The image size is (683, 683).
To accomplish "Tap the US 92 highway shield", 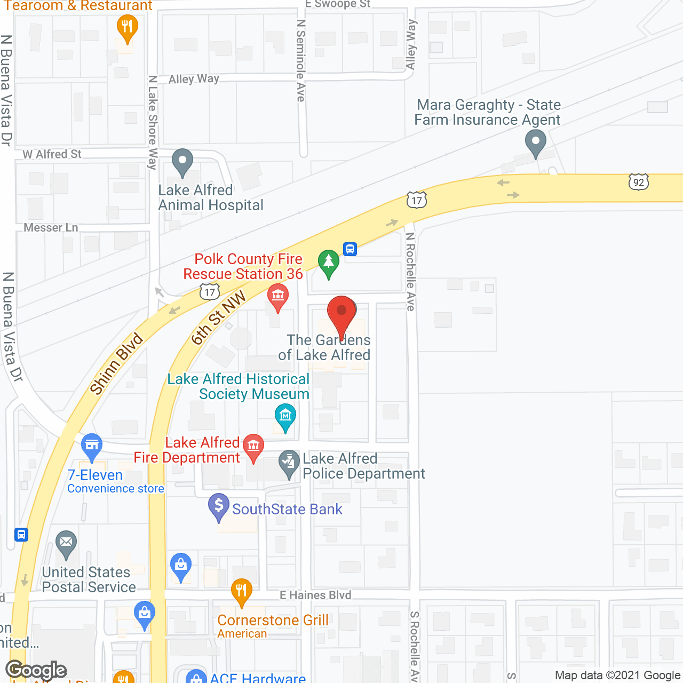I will [x=638, y=182].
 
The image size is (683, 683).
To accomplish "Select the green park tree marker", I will [x=329, y=262].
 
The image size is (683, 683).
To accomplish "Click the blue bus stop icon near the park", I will [x=350, y=249].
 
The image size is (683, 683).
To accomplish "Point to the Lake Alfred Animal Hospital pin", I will [x=182, y=161].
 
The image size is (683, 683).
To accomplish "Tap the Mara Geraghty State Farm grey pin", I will [x=536, y=143].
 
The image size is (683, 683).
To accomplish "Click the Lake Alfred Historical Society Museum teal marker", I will [x=285, y=416].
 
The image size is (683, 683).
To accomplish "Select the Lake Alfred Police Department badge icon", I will [x=289, y=463].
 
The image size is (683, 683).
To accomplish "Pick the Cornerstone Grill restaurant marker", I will [x=242, y=591].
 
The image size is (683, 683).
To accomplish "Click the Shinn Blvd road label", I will [x=116, y=364].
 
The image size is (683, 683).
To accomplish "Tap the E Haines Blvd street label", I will [x=315, y=595].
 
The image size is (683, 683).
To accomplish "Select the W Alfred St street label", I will [x=52, y=154].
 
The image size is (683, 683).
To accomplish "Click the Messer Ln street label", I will [x=51, y=228].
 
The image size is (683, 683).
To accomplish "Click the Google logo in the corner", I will [x=36, y=670].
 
